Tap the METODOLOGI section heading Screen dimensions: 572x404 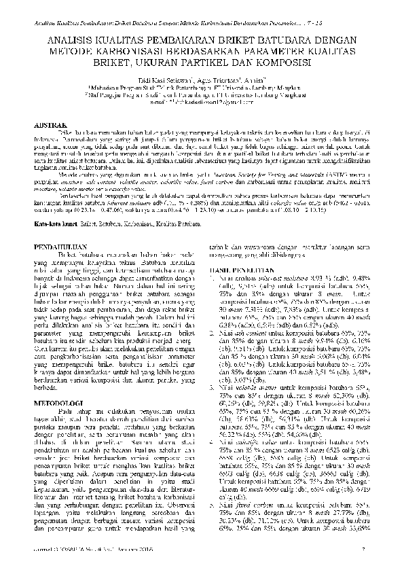coord(59,403)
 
